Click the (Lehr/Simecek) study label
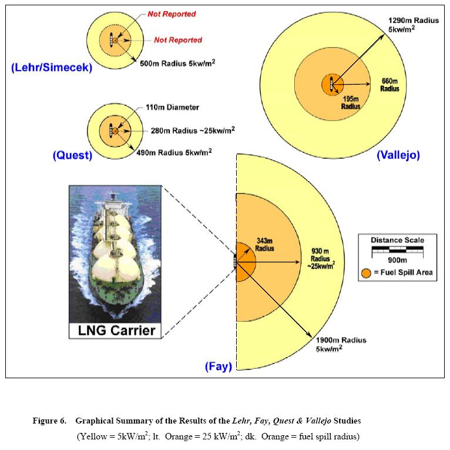coord(52,68)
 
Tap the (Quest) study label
coord(72,155)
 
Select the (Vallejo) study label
coord(398,155)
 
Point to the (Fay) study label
coord(219,366)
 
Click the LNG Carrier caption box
coord(117,330)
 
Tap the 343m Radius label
coord(264,245)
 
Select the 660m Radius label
coord(389,85)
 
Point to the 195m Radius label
coord(351,103)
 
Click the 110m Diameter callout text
coord(172,107)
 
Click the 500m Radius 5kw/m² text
coord(177,62)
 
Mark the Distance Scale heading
coord(397,240)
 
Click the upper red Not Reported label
coord(172,14)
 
